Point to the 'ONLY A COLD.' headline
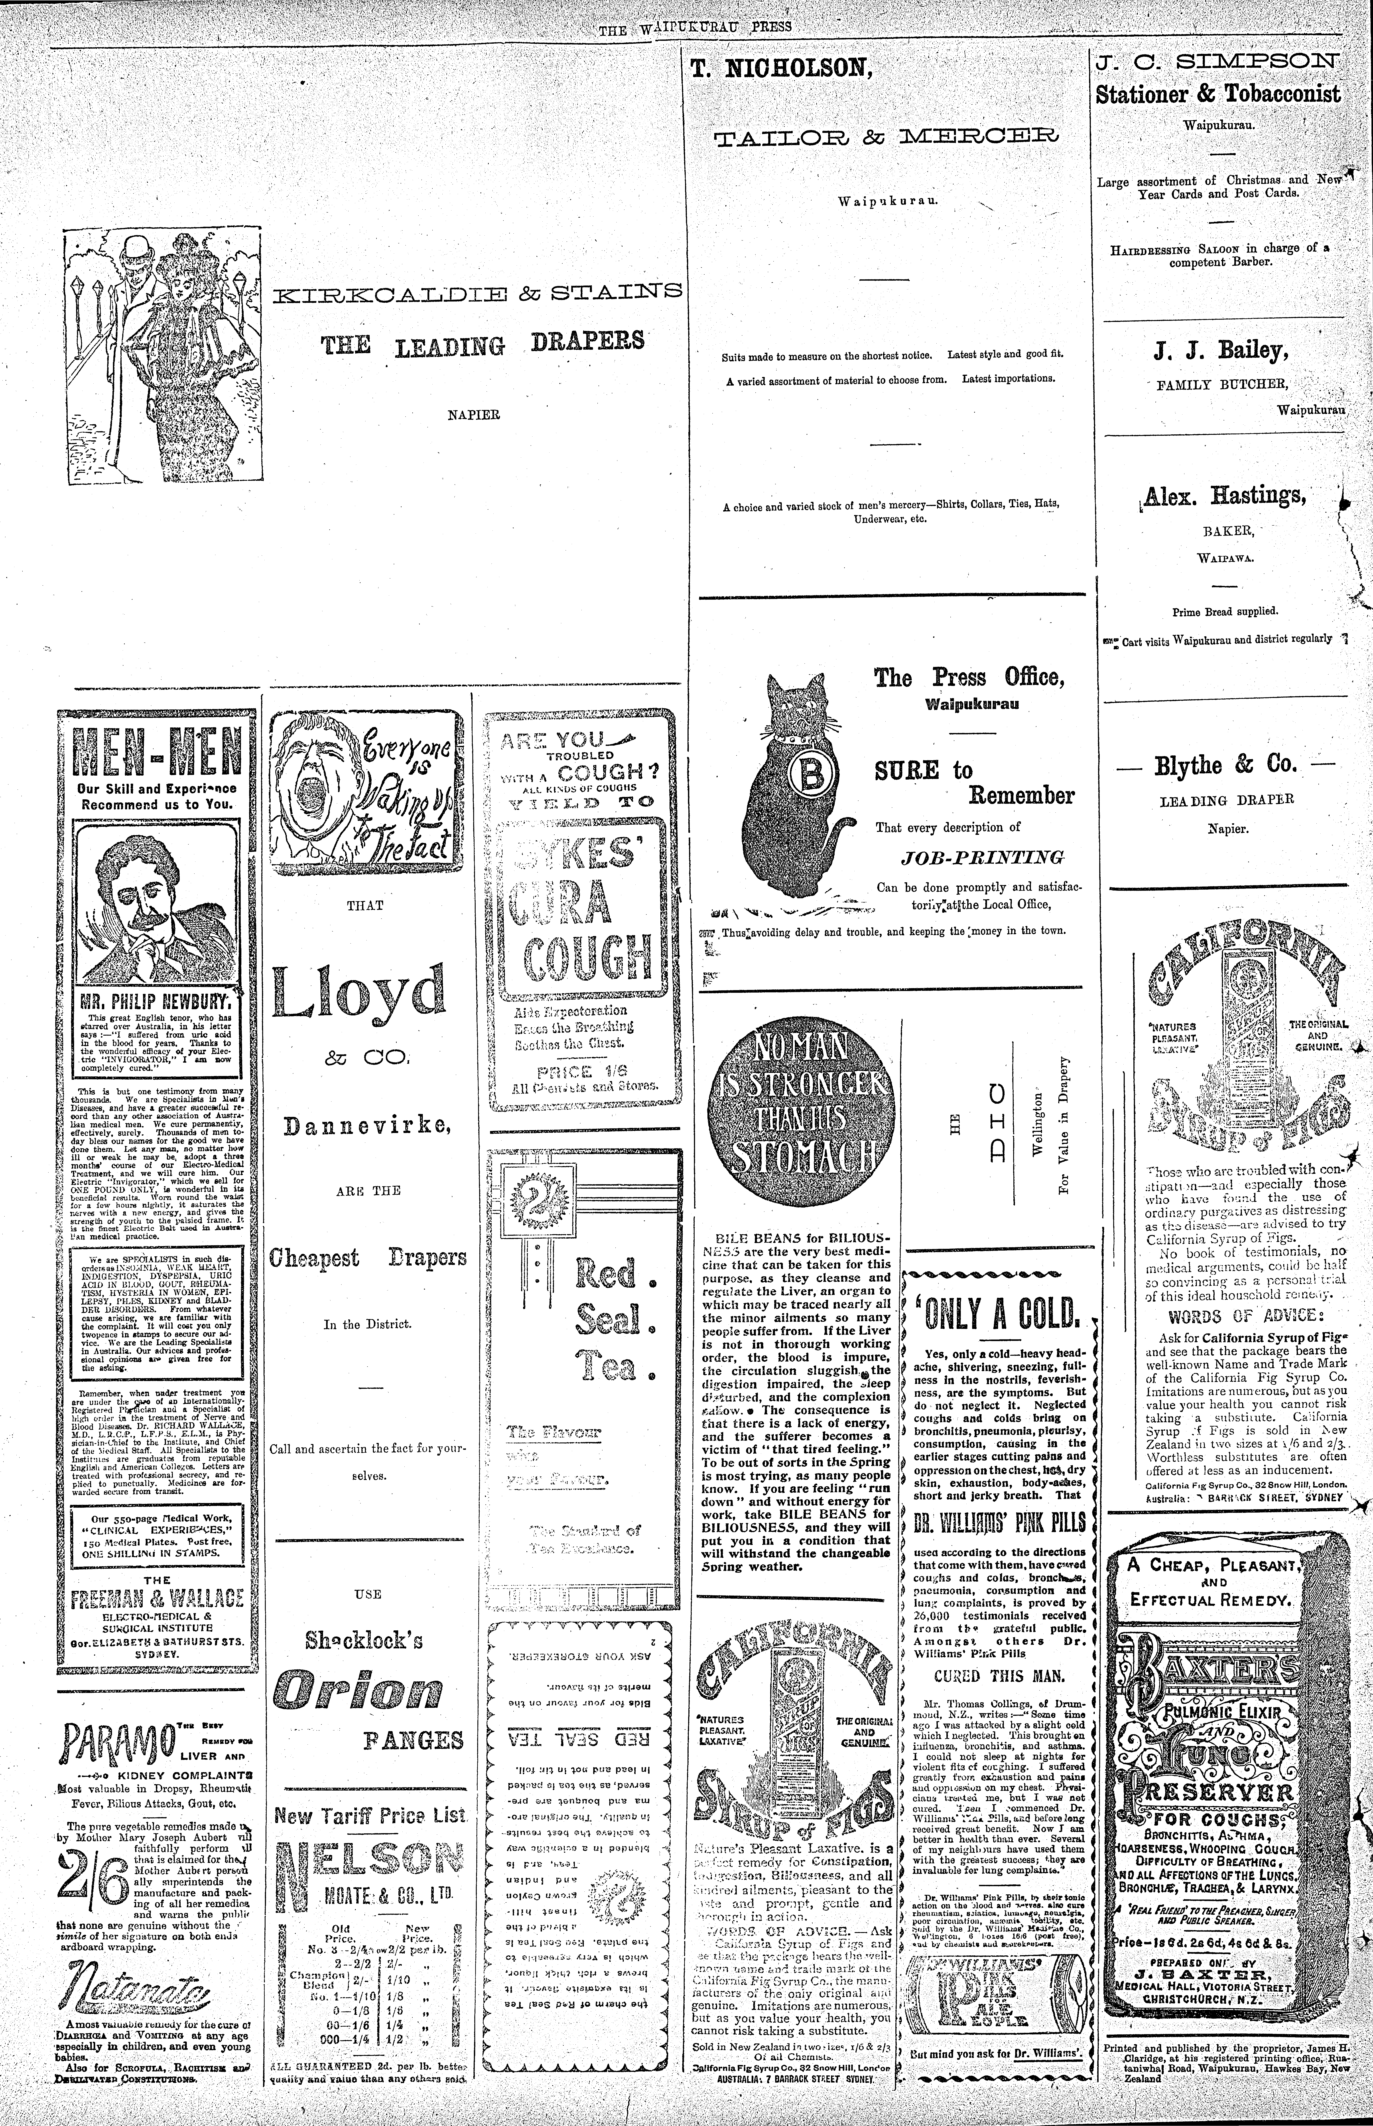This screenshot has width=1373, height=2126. click(996, 1311)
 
